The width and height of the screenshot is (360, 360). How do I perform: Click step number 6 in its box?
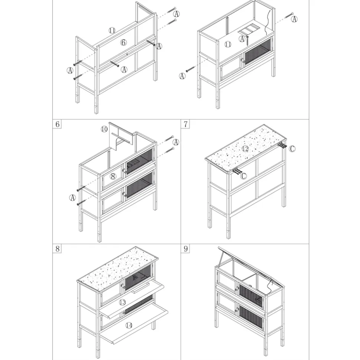tap(57, 124)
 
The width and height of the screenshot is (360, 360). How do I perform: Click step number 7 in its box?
tap(186, 124)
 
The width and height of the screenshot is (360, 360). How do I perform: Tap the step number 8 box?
tap(57, 249)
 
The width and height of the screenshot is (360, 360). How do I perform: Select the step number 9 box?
tap(186, 249)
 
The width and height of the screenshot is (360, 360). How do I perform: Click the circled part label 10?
tap(104, 129)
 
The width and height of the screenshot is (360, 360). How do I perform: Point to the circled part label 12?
tap(245, 149)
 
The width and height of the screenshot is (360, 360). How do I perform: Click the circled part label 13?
tap(122, 303)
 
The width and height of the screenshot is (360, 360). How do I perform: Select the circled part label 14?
tap(129, 325)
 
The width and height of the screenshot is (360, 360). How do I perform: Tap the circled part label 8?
tap(113, 176)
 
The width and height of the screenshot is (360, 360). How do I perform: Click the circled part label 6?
tap(124, 42)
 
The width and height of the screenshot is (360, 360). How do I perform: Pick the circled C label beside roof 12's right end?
tap(292, 149)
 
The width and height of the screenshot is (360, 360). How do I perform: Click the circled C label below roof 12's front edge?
tap(243, 176)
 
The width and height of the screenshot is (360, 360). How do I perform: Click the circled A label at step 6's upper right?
tap(176, 142)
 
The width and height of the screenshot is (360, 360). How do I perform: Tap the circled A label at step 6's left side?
tap(72, 198)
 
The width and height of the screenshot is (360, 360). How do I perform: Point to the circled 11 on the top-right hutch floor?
tap(228, 44)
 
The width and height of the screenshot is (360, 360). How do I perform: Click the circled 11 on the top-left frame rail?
tap(112, 30)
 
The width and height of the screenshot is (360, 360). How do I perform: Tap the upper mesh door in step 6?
tap(139, 161)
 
